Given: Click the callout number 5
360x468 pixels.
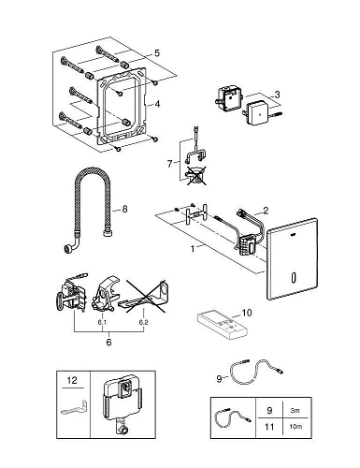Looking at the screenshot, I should (158, 52).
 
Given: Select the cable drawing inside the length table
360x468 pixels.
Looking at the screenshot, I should (232, 417).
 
